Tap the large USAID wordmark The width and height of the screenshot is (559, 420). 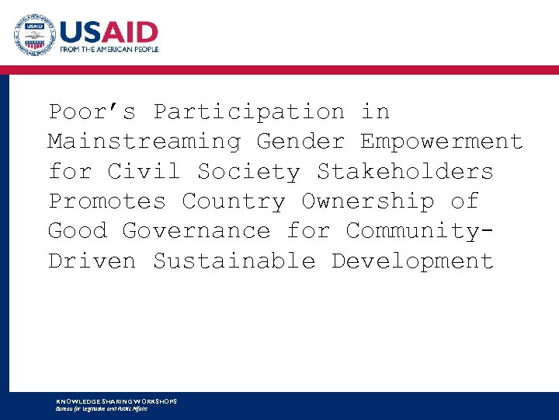[109, 33]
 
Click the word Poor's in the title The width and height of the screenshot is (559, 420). [92, 112]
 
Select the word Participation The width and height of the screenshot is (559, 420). [248, 112]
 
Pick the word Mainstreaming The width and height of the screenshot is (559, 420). [144, 142]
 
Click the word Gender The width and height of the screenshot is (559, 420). [300, 142]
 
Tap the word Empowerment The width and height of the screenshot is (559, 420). [442, 142]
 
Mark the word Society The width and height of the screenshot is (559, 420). [248, 171]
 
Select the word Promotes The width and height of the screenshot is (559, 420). [107, 201]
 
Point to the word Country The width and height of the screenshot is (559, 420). [234, 201]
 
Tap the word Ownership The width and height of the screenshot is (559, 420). [367, 201]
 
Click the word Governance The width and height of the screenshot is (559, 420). [196, 230]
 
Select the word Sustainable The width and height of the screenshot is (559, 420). [234, 261]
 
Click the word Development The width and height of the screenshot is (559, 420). [412, 261]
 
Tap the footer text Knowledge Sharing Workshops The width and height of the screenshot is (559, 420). [116, 401]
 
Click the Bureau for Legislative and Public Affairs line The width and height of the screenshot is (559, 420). [102, 408]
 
